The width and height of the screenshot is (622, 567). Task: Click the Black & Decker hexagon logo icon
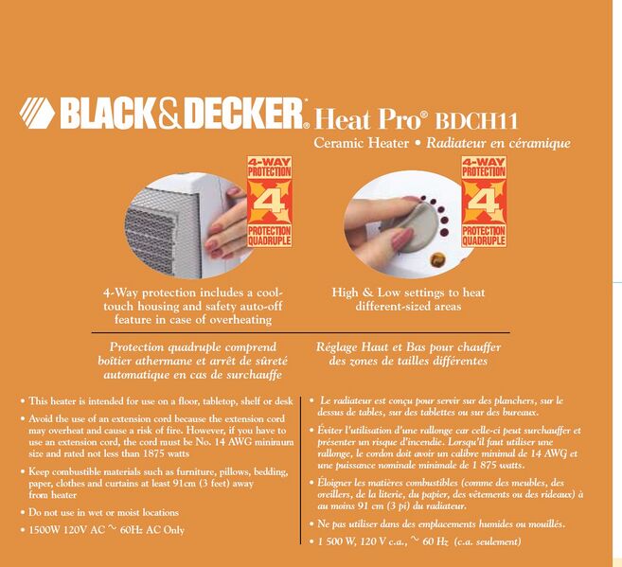tap(37, 113)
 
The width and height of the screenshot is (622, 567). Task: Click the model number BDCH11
tap(476, 120)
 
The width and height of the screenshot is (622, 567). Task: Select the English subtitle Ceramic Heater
tap(361, 143)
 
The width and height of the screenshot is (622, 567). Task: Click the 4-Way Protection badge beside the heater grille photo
tap(270, 202)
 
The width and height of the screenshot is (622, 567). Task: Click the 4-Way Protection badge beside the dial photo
tap(484, 202)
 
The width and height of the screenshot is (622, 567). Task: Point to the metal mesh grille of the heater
tap(163, 233)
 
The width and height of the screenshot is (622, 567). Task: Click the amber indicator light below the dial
tap(437, 260)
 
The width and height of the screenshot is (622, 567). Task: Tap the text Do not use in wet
tap(68, 512)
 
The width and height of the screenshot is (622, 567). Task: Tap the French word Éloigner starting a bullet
tap(334, 483)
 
